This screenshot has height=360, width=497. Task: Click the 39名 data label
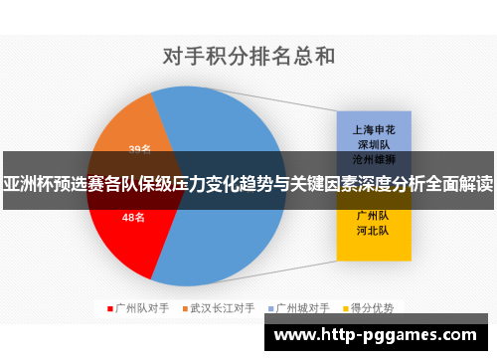pos(140,150)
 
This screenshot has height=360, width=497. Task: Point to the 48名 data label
pos(133,217)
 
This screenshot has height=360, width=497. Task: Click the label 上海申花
pos(372,129)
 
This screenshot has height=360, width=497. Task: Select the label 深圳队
pos(372,144)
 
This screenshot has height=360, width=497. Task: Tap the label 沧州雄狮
pos(372,158)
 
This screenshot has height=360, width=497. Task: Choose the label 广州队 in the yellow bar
pos(372,214)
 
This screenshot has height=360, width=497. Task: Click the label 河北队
pos(372,230)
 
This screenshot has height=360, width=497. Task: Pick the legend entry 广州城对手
pos(302,308)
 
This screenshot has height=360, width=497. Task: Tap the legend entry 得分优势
pos(374,308)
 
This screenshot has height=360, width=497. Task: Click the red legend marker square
pos(110,308)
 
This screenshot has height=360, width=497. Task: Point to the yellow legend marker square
pos(348,308)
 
